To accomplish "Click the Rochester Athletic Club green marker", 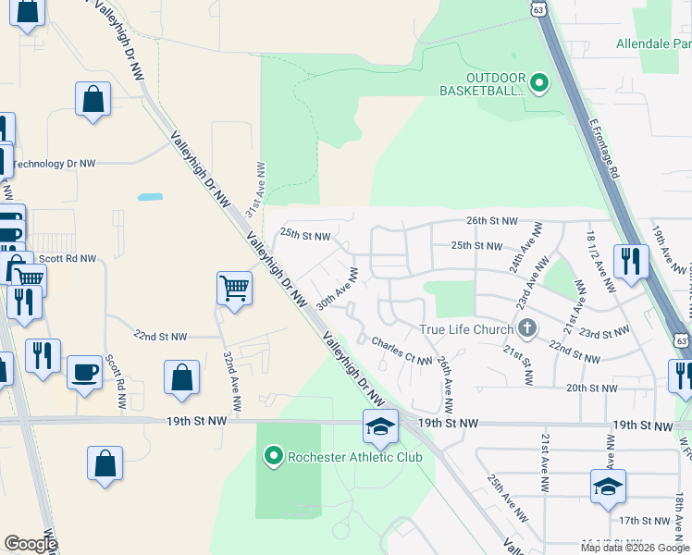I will (x=273, y=456).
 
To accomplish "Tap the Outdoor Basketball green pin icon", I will (x=539, y=83).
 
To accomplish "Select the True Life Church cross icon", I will (x=527, y=327).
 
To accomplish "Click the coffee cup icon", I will (x=85, y=372).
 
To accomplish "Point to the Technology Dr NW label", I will (x=54, y=164).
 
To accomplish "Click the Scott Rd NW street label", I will (x=63, y=260).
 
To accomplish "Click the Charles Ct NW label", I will (x=402, y=351).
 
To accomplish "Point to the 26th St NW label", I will (x=491, y=221).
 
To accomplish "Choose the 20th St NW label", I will (x=591, y=388).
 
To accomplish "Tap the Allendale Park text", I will (x=653, y=43).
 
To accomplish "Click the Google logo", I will (x=31, y=544).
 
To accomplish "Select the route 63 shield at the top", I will (x=538, y=8).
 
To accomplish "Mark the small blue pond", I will (x=149, y=197).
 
